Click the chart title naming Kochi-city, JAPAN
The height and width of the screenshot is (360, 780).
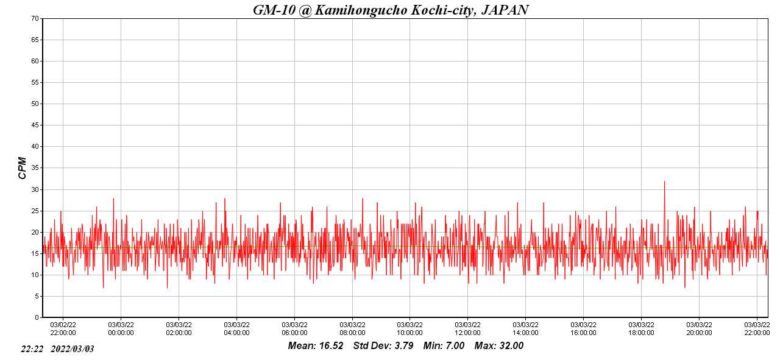coord(391,10)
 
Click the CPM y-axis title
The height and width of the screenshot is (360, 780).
coord(23,168)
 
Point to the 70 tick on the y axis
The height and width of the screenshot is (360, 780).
coord(35,18)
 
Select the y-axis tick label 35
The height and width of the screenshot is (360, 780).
coord(35,168)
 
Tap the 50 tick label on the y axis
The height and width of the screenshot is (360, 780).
coord(35,104)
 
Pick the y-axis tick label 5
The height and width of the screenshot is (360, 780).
coord(37,297)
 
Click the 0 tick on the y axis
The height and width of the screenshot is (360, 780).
coord(37,318)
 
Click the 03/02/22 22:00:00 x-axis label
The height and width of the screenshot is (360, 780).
coord(63,329)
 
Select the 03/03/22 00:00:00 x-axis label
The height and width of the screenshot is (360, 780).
coord(121,329)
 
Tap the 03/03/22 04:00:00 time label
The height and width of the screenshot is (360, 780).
coord(236,329)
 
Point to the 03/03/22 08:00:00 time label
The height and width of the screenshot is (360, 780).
coord(352,329)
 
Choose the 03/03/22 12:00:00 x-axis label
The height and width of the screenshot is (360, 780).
coord(467,329)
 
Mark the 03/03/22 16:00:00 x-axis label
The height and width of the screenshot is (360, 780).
coord(583,329)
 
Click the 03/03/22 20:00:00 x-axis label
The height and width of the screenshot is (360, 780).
coord(699,329)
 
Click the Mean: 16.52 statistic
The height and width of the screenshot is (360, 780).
coord(316,346)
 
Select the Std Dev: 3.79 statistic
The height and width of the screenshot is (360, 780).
coord(383,346)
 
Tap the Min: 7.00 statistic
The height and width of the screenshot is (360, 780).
coord(444,346)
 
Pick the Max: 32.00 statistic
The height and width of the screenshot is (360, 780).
coord(499,346)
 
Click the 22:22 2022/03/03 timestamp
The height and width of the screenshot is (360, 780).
coord(57,349)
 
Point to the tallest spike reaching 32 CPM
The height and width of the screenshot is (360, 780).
coord(664,182)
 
